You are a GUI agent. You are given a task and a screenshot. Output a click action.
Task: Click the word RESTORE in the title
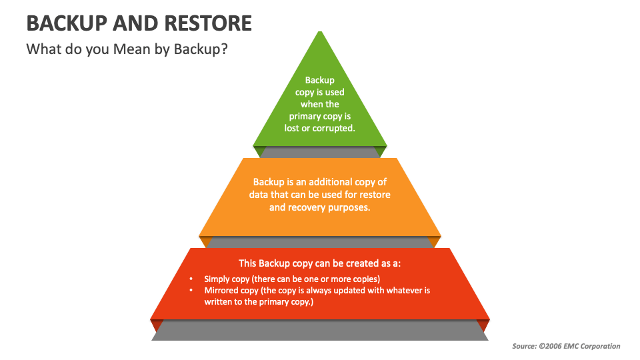point(206,23)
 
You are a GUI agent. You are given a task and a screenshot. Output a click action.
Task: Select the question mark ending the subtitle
point(225,49)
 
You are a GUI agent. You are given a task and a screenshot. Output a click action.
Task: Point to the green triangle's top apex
point(320,32)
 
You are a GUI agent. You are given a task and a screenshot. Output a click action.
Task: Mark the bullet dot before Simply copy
point(191,279)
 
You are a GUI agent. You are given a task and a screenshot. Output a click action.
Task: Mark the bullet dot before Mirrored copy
point(191,291)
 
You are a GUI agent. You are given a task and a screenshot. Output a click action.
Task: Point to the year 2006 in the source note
point(552,346)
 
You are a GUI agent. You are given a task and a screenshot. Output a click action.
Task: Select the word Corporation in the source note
point(598,346)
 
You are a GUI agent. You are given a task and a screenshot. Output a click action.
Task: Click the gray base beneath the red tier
point(320,331)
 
